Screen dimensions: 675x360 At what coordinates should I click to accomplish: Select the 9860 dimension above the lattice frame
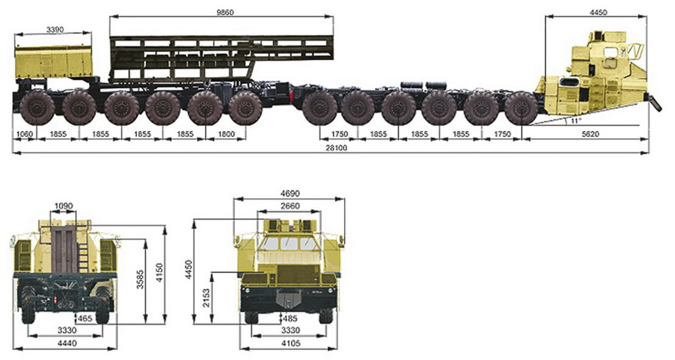tap(225, 12)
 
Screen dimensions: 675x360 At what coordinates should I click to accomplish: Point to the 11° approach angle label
tap(576, 121)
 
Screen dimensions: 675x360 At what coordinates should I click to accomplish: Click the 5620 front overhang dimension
tap(590, 134)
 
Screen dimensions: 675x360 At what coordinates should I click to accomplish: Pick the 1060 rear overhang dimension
tap(24, 134)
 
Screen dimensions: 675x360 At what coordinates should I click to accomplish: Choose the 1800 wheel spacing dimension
tap(226, 134)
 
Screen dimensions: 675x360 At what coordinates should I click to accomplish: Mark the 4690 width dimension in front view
tap(290, 194)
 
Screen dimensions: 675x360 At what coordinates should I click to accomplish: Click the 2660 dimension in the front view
tap(290, 206)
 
